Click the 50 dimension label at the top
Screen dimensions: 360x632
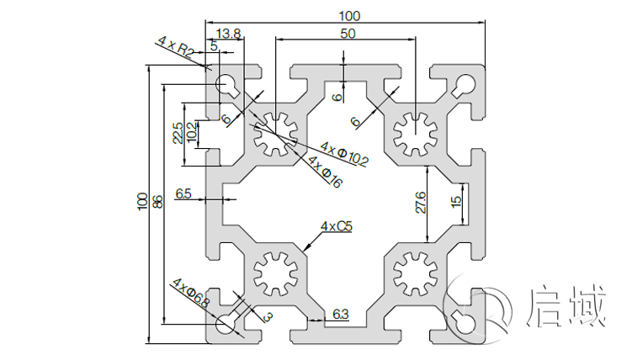pos(347,33)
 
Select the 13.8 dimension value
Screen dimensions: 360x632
pos(229,34)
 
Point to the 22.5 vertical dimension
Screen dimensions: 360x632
pos(178,133)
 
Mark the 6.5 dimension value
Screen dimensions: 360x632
pos(183,194)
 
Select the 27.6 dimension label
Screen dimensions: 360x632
pos(420,203)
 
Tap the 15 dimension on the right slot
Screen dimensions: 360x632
pos(455,202)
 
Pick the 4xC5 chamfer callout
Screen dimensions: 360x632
pos(337,226)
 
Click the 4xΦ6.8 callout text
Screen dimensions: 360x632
pos(190,291)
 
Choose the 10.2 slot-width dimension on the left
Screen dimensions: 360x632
pos(193,133)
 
